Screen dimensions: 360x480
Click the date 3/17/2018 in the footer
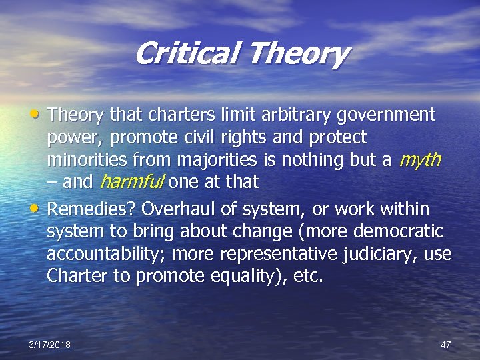point(50,344)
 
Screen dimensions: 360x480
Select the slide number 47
point(446,344)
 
